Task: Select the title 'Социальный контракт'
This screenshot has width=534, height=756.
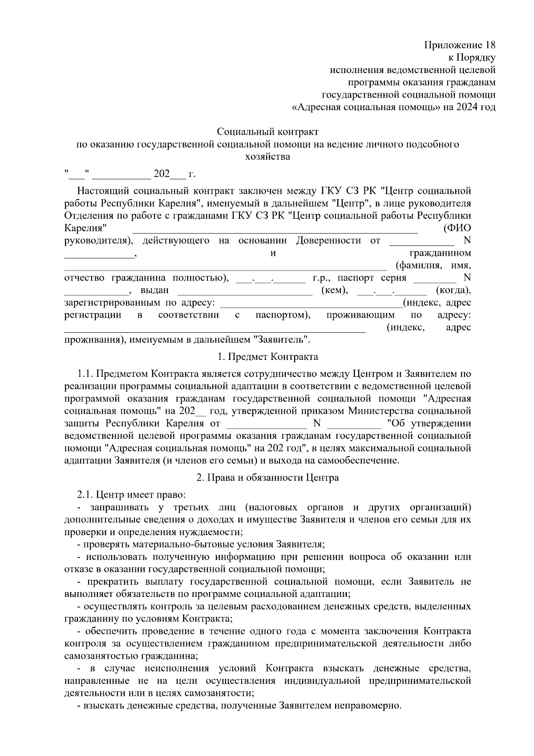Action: tap(267, 132)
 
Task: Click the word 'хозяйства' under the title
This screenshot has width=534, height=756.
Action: tap(267, 157)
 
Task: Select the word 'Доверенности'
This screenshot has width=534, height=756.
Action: tap(328, 241)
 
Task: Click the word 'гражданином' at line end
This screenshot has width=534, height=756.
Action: tap(440, 253)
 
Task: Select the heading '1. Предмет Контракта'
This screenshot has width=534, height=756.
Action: tap(267, 357)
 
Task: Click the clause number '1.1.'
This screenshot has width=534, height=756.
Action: tap(85, 373)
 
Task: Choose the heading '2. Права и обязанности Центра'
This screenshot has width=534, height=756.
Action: tap(267, 478)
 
